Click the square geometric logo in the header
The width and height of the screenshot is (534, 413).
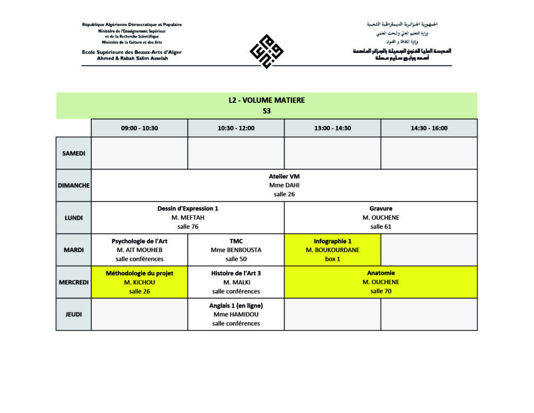pyautogui.click(x=266, y=51)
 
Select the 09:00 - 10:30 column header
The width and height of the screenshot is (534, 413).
pyautogui.click(x=139, y=128)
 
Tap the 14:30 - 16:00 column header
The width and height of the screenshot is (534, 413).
pyautogui.click(x=429, y=128)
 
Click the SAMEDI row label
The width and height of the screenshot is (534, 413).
pyautogui.click(x=74, y=153)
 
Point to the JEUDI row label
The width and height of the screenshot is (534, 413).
pyautogui.click(x=74, y=314)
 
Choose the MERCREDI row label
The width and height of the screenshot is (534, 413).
pyautogui.click(x=74, y=282)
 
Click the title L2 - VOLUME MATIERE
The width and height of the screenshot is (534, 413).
pyautogui.click(x=266, y=100)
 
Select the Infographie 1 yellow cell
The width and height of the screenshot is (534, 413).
pyautogui.click(x=332, y=250)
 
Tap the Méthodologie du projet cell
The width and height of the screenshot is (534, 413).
pyautogui.click(x=139, y=282)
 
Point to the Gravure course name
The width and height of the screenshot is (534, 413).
pyautogui.click(x=381, y=208)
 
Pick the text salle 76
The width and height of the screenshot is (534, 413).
pyautogui.click(x=188, y=227)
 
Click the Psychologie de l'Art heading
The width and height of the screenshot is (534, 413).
pyautogui.click(x=139, y=241)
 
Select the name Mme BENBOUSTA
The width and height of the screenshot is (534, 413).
pyautogui.click(x=236, y=250)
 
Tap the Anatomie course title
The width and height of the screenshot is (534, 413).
pyautogui.click(x=381, y=273)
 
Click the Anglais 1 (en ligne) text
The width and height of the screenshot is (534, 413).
pyautogui.click(x=236, y=305)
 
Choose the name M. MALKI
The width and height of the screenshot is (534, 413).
pyautogui.click(x=236, y=282)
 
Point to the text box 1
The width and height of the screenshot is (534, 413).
pyautogui.click(x=332, y=259)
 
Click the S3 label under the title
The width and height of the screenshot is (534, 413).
pyautogui.click(x=266, y=111)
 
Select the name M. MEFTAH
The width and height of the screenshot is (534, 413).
pyautogui.click(x=188, y=217)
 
